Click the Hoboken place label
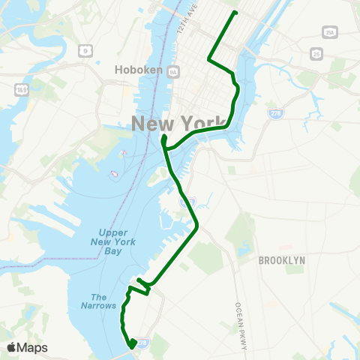[x=135, y=69]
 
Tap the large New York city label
[x=178, y=124]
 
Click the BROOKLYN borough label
[x=281, y=260]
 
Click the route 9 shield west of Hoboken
[x=86, y=50]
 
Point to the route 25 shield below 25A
[x=317, y=54]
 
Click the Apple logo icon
[x=12, y=347]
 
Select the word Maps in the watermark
[x=33, y=347]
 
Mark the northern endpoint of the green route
[x=235, y=13]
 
